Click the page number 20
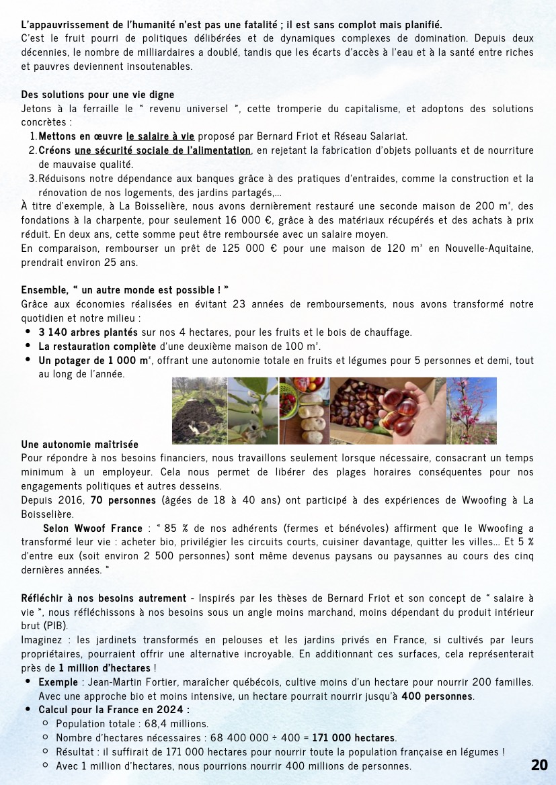539,765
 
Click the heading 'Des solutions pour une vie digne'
97,95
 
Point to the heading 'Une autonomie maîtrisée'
79,445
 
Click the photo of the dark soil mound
198,410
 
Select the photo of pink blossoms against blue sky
472,410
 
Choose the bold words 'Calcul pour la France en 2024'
114,710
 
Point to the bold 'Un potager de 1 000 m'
93,361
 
